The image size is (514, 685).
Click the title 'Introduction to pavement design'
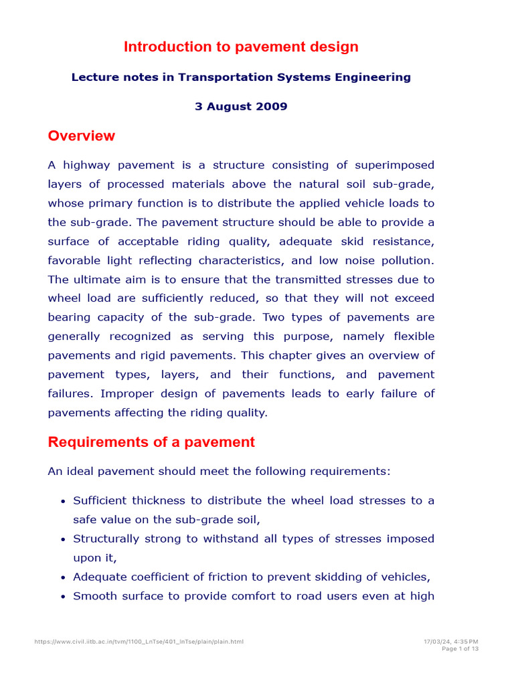[241, 47]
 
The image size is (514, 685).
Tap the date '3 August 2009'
[241, 106]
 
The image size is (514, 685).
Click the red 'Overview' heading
[81, 136]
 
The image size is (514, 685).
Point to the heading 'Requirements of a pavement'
[151, 442]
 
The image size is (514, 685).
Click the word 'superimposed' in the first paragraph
[394, 165]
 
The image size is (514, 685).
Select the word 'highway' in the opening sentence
[87, 165]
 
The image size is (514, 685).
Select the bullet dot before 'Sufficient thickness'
[62, 501]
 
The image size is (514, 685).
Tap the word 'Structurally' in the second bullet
[107, 539]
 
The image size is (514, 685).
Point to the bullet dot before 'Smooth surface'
[62, 596]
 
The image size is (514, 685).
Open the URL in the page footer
[139, 642]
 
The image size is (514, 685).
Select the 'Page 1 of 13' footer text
[460, 648]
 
